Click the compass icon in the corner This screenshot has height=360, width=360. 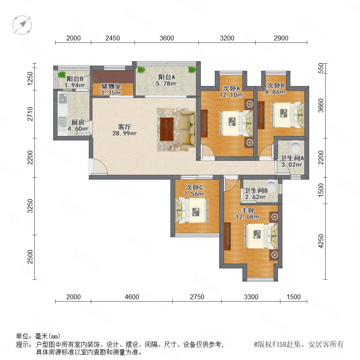tap(22, 25)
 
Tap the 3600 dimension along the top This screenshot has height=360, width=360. tap(167, 38)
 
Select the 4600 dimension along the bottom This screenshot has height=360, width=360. tap(132, 297)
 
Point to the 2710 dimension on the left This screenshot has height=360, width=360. tap(30, 114)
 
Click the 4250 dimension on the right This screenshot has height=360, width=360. tap(321, 241)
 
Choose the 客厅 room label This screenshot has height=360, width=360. tap(124, 127)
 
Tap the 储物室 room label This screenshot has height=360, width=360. tap(111, 86)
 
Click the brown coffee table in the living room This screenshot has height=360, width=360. tap(167, 129)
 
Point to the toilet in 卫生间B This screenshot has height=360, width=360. tap(271, 186)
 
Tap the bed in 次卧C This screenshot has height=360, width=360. tap(192, 210)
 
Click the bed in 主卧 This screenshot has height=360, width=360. tap(261, 236)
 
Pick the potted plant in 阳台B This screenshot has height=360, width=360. tap(62, 74)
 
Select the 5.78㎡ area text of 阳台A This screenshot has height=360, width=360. tap(166, 84)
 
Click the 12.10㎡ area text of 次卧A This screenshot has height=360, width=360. tap(232, 94)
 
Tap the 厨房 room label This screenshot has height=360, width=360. tap(78, 122)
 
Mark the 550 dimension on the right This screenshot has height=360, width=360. tap(321, 68)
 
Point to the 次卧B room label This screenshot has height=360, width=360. tap(276, 86)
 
